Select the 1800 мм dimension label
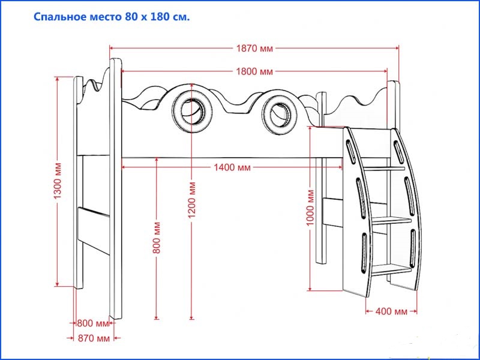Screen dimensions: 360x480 coord(254,71)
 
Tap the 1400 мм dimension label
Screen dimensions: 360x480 coord(232,167)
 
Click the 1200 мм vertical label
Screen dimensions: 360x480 coord(192,199)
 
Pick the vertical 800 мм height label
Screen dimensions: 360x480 coord(157,238)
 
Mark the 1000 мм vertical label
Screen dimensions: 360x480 coord(310,208)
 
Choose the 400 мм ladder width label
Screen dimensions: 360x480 coord(391,311)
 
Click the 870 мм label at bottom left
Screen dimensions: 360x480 coord(94,338)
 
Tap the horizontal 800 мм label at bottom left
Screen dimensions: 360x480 coord(93,323)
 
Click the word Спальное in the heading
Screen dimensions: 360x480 coord(60,17)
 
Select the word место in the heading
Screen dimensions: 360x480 coord(107,17)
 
